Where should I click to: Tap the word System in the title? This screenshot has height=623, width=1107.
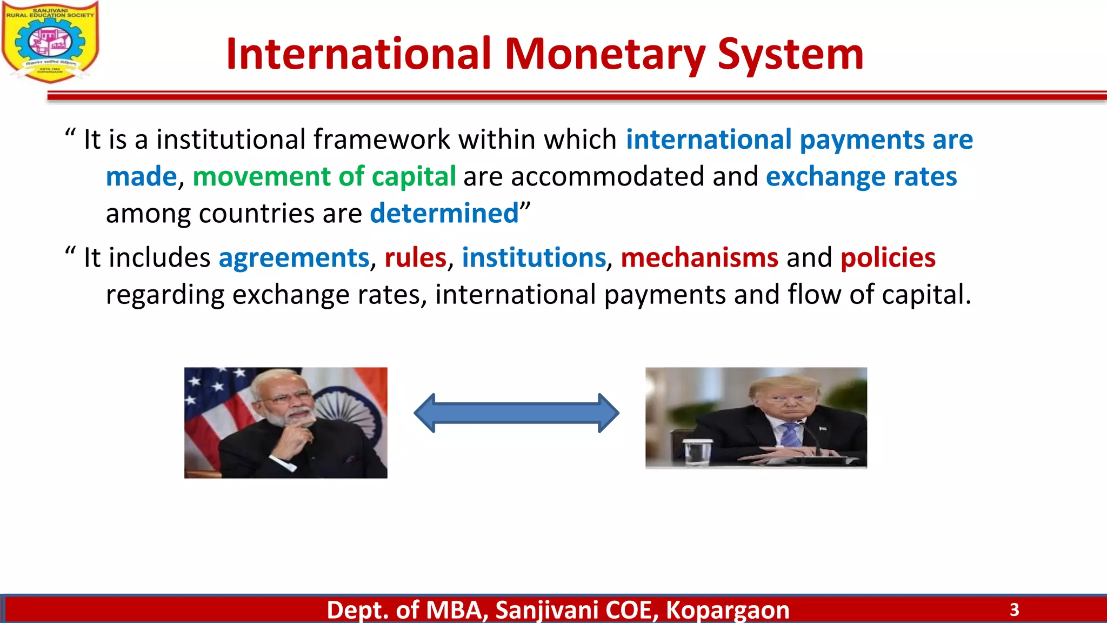point(790,55)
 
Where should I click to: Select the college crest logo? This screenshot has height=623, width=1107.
point(50,42)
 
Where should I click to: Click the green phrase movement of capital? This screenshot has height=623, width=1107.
point(324,177)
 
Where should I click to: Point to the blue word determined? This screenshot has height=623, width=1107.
point(444,213)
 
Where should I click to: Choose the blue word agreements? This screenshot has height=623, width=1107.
point(294,257)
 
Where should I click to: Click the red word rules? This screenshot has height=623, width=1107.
point(415,257)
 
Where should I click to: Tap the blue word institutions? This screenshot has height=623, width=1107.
point(534,257)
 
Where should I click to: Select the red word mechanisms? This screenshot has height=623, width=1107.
point(699,257)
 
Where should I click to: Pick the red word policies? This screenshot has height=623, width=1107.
point(888,257)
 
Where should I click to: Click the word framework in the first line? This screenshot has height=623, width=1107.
point(382,140)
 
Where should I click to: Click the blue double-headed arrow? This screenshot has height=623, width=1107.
point(516,413)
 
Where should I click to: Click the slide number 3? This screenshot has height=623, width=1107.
point(1014,610)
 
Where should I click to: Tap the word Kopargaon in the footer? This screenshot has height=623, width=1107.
point(727,610)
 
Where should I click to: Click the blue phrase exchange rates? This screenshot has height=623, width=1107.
point(861,177)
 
